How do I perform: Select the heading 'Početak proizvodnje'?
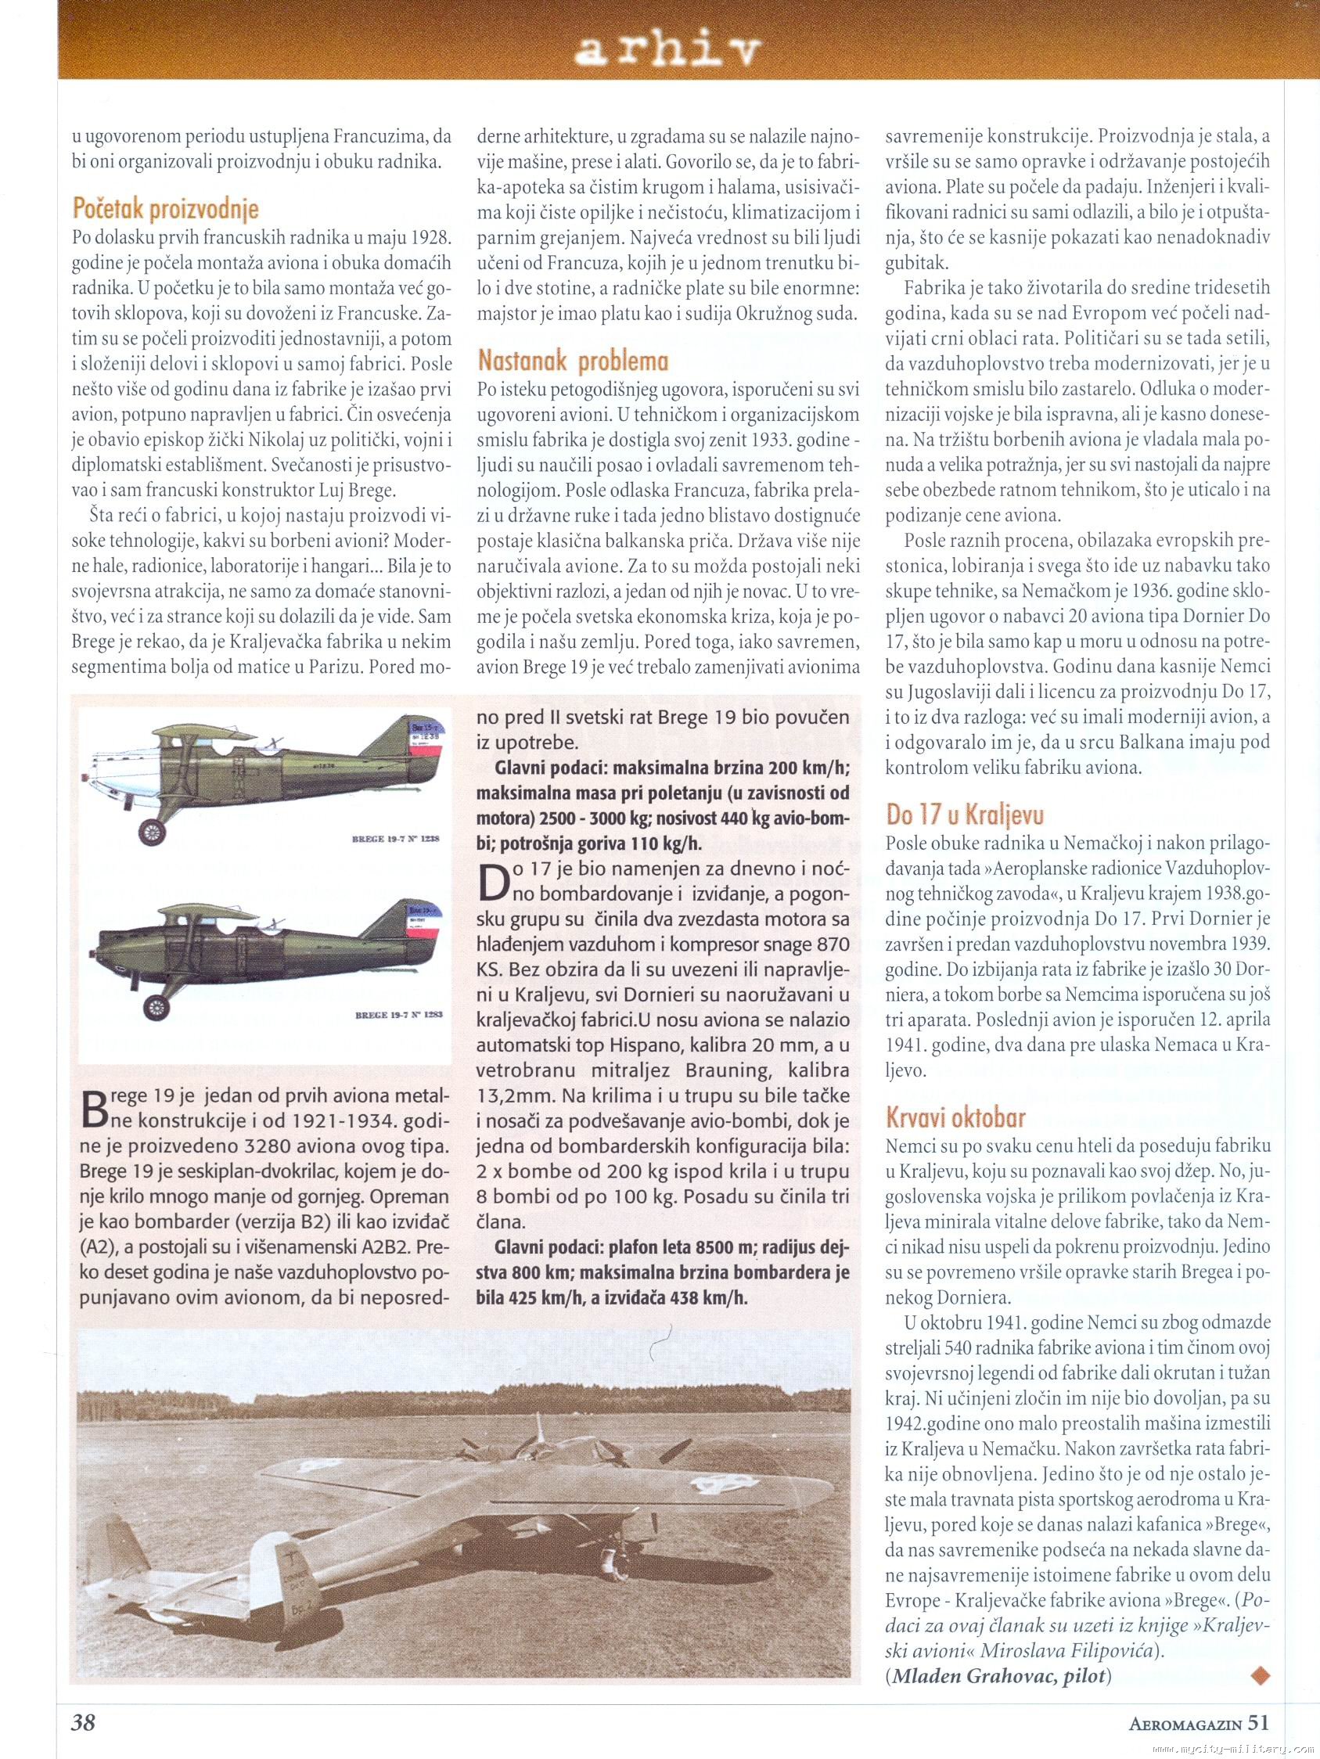click(165, 209)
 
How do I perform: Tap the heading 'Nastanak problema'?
click(573, 361)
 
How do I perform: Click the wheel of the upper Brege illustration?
click(151, 832)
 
